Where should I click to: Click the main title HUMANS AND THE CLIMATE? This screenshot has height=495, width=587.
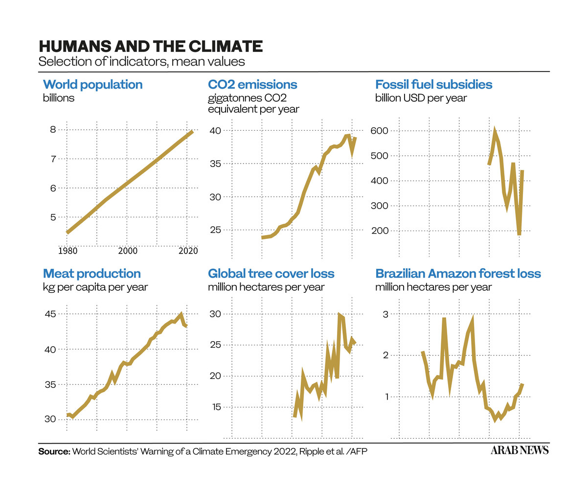[151, 47]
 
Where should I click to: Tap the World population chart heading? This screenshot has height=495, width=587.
[93, 85]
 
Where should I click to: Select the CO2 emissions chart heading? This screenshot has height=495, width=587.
[252, 85]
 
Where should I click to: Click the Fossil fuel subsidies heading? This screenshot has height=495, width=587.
[433, 85]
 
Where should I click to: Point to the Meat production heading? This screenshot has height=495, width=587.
[92, 274]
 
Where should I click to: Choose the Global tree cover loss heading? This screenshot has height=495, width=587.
[271, 274]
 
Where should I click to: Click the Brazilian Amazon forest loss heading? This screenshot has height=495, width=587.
[458, 274]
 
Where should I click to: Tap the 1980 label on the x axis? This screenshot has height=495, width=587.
[68, 251]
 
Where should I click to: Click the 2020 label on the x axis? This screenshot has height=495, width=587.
[188, 251]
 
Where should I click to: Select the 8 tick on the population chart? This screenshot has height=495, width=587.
[53, 130]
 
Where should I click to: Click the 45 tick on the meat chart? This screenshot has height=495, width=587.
[50, 314]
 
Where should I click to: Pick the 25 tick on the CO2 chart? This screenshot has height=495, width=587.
[215, 230]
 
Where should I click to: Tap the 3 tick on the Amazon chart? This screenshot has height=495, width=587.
[385, 314]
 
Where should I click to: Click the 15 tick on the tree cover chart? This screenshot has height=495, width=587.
[215, 407]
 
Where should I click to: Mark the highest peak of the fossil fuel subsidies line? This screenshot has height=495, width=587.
[495, 131]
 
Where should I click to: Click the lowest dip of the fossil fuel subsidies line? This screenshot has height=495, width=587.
[519, 235]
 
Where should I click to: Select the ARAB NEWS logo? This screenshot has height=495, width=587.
[519, 450]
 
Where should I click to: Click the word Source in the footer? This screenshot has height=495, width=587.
[54, 451]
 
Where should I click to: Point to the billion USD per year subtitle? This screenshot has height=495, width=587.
[421, 98]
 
